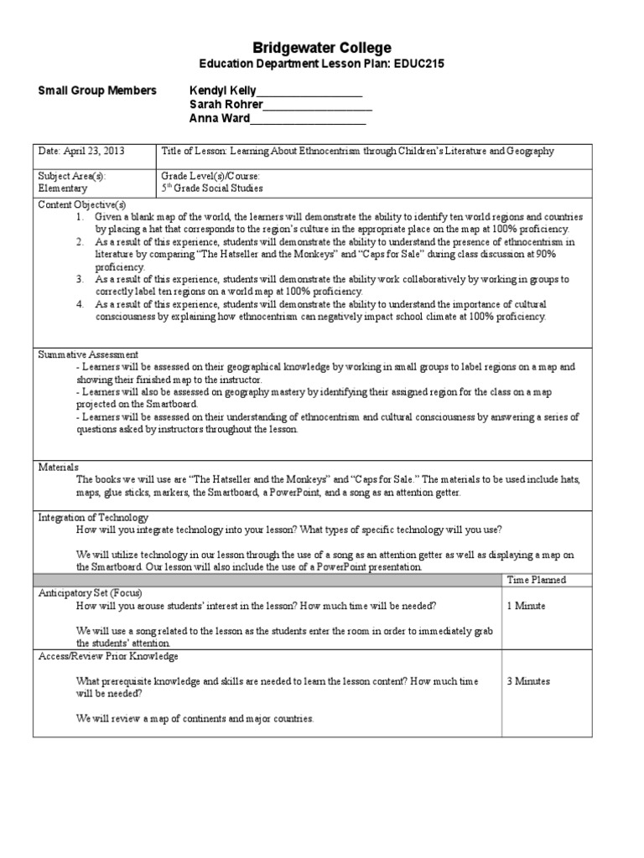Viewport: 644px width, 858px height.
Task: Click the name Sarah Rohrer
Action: coord(227,105)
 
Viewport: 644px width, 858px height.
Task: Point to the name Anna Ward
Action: coord(221,119)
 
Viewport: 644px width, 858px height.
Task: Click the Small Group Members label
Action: coord(96,90)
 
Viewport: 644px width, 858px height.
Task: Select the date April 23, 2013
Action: coord(80,151)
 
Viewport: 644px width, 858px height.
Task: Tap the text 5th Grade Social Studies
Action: coord(210,189)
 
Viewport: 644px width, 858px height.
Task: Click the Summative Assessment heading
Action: coord(88,354)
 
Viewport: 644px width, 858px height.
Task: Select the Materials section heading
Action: coord(58,466)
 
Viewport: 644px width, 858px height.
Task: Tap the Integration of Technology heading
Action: coord(93,518)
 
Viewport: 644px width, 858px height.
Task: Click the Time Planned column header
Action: coord(537,580)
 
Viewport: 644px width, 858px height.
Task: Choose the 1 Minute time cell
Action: coord(526,605)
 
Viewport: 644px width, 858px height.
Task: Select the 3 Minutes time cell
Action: coord(528,681)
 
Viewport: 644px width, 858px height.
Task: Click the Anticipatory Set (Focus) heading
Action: coord(91,592)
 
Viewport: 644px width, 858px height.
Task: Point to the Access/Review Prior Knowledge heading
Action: coord(108,656)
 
